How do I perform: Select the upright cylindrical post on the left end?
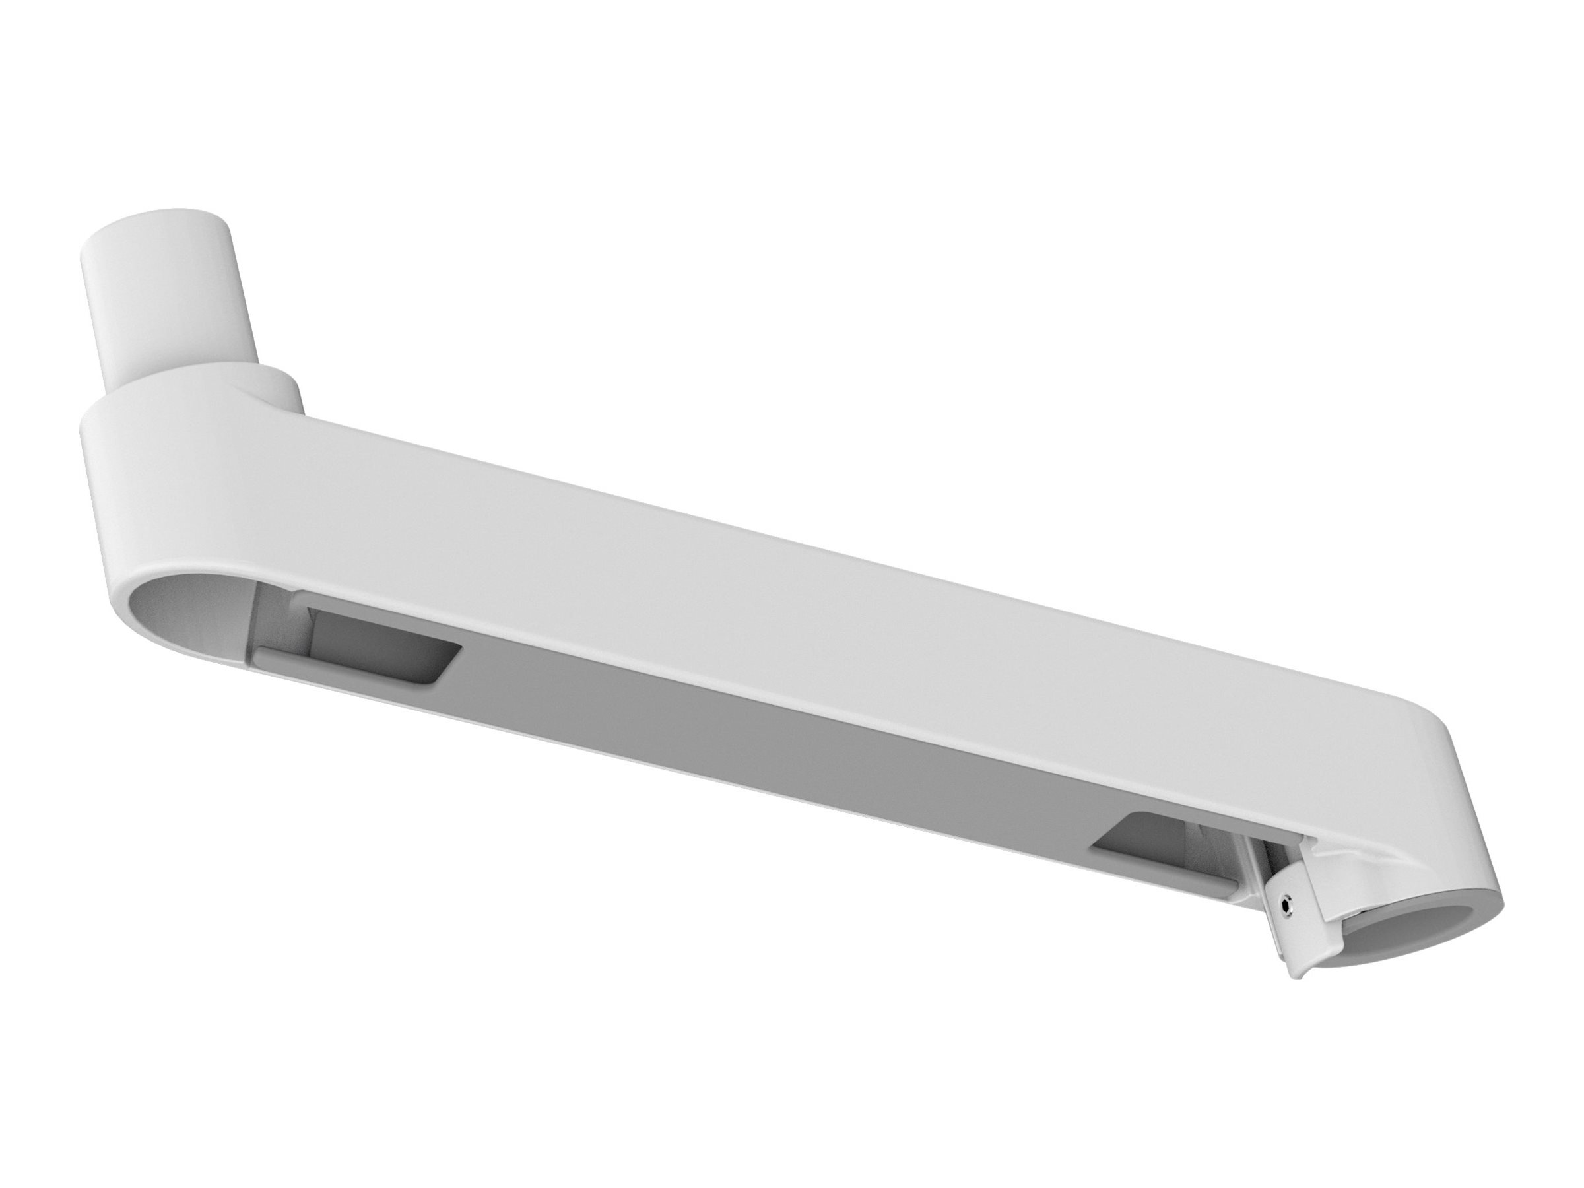(x=172, y=301)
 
